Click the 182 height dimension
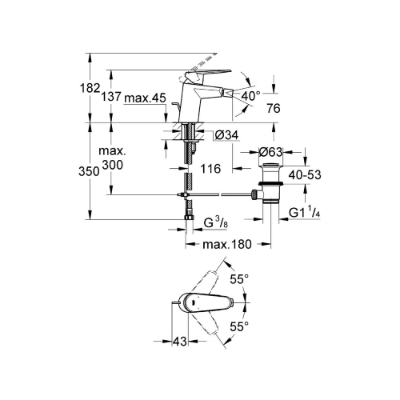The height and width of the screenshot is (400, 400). click(x=90, y=88)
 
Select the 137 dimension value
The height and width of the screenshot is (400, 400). click(x=111, y=97)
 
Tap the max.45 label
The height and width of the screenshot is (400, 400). click(x=146, y=98)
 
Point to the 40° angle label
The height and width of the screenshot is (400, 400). click(x=250, y=96)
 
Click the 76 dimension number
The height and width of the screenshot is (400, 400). click(x=274, y=108)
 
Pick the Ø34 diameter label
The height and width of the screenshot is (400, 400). click(x=226, y=135)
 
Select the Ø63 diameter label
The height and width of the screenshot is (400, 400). click(x=270, y=152)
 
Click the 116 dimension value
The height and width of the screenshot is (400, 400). click(x=210, y=169)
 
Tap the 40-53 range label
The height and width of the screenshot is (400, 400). click(x=305, y=175)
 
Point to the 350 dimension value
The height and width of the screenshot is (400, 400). click(x=89, y=171)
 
